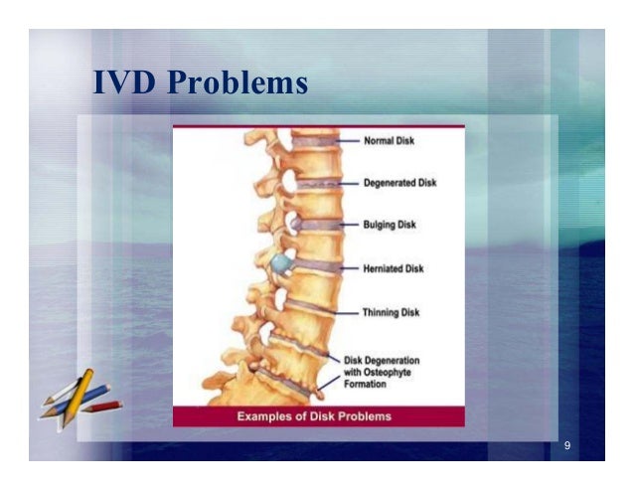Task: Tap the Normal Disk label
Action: (389, 141)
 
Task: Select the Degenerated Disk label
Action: (400, 183)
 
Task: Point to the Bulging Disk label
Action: (391, 226)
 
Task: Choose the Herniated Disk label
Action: (395, 268)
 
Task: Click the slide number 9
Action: (566, 445)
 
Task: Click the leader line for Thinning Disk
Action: (343, 313)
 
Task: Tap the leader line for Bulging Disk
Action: (348, 226)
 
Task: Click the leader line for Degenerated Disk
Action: (345, 184)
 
